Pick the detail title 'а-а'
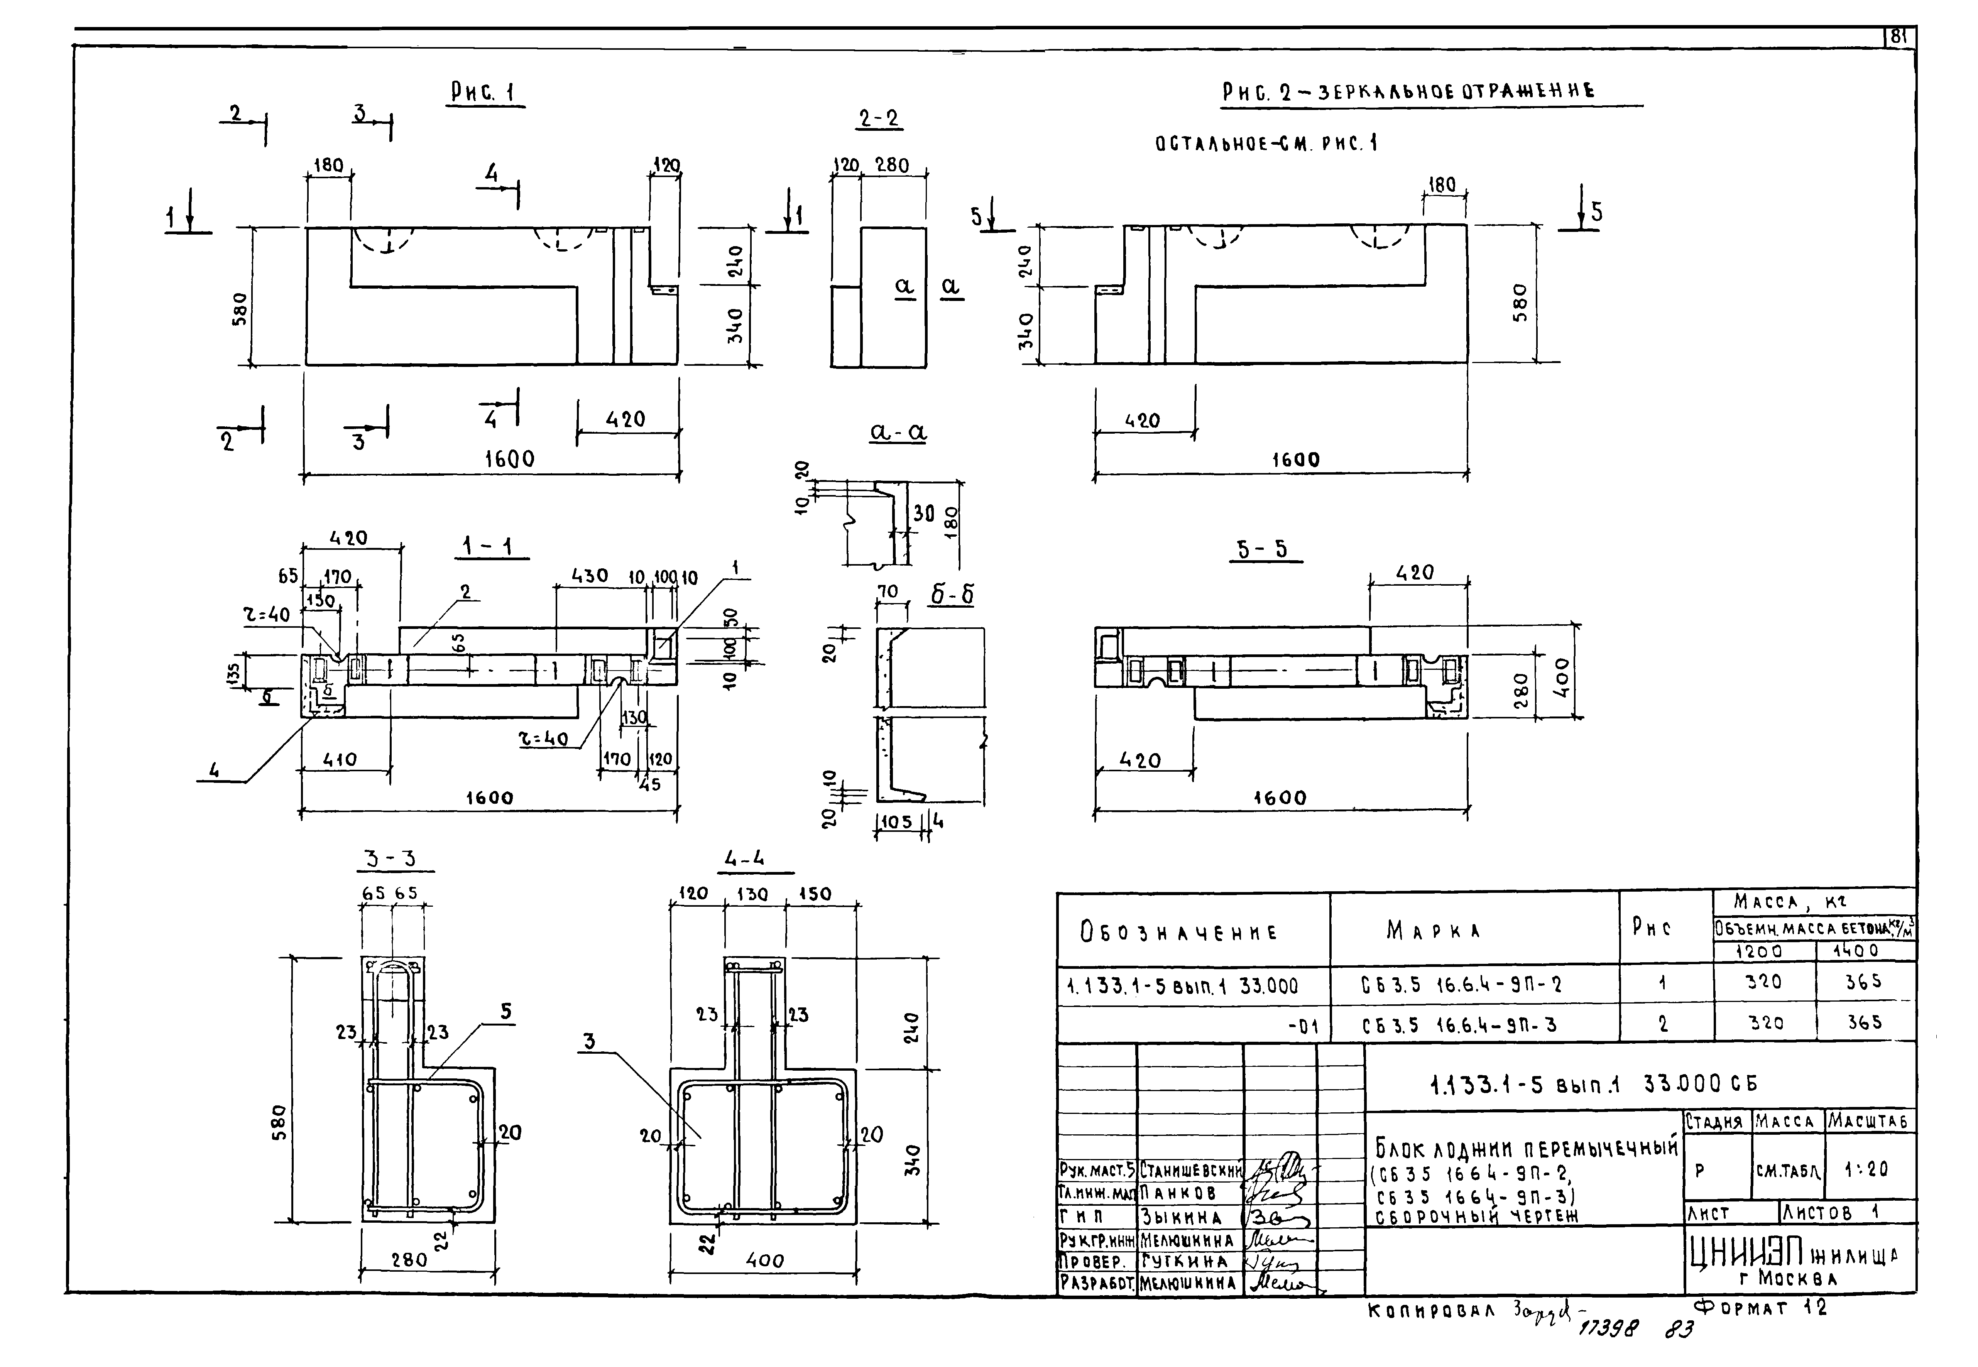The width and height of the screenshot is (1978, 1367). coord(898,433)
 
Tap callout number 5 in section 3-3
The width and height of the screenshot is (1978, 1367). coord(506,1012)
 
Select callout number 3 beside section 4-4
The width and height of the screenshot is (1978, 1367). coord(589,1041)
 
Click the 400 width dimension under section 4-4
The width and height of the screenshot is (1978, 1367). coord(765,1261)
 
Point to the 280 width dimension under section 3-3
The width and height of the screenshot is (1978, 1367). coord(409,1260)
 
